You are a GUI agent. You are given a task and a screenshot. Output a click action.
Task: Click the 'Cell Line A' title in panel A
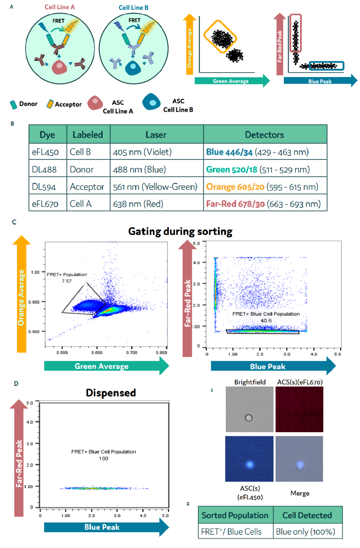click(x=60, y=7)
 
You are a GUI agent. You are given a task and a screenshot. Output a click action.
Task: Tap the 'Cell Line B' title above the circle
click(x=133, y=8)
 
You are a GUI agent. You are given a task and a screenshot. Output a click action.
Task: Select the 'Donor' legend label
click(x=28, y=104)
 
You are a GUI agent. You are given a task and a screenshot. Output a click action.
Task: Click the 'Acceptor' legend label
click(x=68, y=104)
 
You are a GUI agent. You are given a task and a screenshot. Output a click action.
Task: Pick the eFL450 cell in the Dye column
click(x=45, y=152)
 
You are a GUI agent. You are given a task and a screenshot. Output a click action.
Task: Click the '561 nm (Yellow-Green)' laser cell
click(x=155, y=187)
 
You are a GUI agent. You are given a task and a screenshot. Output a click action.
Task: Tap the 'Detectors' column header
click(x=264, y=135)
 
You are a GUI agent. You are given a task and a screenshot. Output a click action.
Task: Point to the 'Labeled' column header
click(x=88, y=135)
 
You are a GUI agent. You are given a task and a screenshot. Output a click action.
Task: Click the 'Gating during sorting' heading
click(x=180, y=231)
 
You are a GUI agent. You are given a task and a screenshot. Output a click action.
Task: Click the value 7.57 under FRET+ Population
click(x=67, y=281)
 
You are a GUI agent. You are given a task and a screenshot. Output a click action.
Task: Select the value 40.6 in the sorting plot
click(x=266, y=321)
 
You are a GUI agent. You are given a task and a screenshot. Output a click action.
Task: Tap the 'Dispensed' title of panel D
click(x=111, y=393)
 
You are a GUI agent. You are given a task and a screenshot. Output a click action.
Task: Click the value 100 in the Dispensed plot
click(x=103, y=459)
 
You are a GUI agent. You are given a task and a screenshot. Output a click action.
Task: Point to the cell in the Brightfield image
click(x=249, y=418)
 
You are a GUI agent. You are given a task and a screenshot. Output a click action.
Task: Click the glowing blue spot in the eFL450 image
click(x=250, y=464)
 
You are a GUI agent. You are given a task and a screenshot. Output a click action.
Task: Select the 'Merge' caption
click(x=300, y=493)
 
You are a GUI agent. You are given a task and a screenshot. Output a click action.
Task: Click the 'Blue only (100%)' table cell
click(x=305, y=532)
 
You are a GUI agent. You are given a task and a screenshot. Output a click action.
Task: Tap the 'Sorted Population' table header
click(x=235, y=516)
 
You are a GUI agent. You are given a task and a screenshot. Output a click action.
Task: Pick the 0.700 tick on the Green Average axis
click(x=132, y=353)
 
